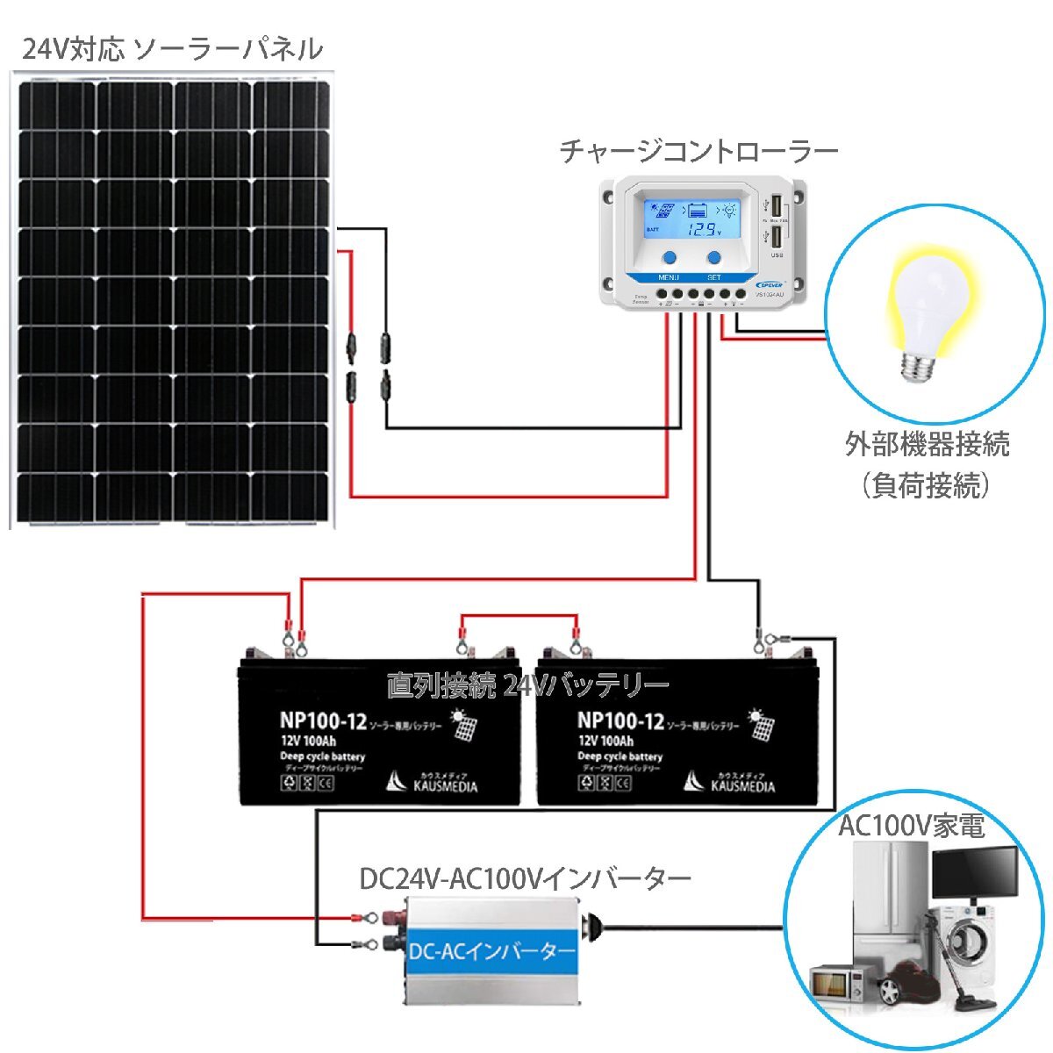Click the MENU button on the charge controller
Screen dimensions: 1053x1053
click(x=670, y=258)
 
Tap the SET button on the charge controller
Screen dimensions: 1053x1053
click(x=714, y=258)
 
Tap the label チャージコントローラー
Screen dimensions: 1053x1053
click(x=699, y=151)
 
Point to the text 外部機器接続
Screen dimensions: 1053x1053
click(x=928, y=444)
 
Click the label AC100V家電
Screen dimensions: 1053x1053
click(x=912, y=825)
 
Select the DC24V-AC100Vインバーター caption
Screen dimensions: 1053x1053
click(x=526, y=878)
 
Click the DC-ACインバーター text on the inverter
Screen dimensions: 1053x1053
click(x=491, y=951)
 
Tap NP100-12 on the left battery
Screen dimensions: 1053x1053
click(x=323, y=721)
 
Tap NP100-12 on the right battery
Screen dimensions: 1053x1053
click(x=620, y=721)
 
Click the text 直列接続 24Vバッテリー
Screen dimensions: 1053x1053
click(x=527, y=684)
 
